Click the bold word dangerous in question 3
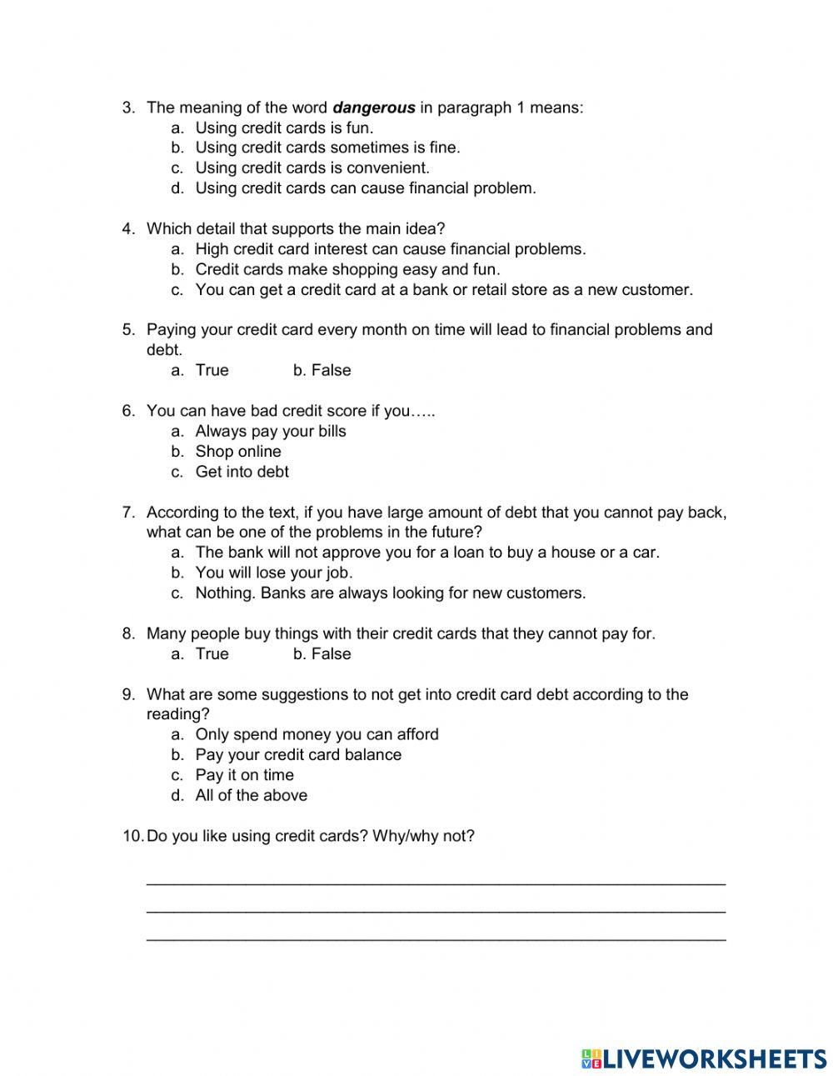[373, 108]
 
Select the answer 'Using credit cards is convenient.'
[312, 168]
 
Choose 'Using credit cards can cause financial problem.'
[366, 188]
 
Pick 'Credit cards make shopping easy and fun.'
[347, 269]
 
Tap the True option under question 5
[212, 370]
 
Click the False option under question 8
[331, 654]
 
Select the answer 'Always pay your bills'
[271, 432]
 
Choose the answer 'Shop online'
[238, 452]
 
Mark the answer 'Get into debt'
[242, 472]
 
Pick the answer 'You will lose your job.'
[274, 573]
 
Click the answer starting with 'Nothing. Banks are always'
[391, 593]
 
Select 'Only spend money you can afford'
[317, 734]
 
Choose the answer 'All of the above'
[251, 795]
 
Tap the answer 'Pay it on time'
[244, 775]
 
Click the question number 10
[132, 836]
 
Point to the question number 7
[128, 513]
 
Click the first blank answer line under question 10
[436, 882]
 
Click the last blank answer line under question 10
[436, 939]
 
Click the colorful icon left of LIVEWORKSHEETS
[591, 1058]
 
